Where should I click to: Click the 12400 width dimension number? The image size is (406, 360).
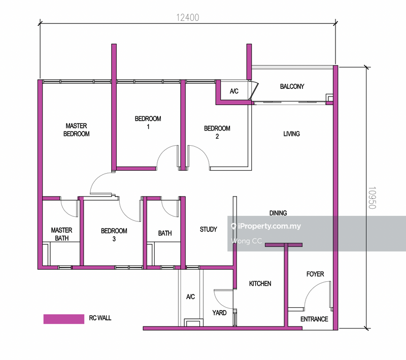(x=187, y=17)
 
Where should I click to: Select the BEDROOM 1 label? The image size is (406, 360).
(x=148, y=123)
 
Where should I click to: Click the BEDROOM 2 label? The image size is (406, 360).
(x=217, y=133)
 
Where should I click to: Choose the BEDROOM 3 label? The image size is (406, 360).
(x=114, y=235)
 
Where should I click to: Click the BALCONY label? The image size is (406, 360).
(x=292, y=87)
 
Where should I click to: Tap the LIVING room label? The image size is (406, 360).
(x=291, y=134)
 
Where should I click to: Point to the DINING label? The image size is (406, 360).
(x=278, y=213)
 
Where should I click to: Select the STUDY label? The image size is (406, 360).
(x=208, y=230)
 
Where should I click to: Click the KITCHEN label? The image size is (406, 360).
(x=259, y=284)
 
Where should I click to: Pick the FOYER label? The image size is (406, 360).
(x=315, y=274)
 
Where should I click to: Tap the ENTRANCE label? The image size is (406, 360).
(x=314, y=319)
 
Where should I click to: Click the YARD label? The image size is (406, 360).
(x=219, y=313)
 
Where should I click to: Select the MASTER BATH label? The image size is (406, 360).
(x=61, y=234)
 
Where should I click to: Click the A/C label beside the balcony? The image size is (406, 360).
(x=234, y=92)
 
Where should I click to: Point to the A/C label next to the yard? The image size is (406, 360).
(x=190, y=297)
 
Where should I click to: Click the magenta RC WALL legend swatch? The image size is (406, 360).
(x=64, y=319)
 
